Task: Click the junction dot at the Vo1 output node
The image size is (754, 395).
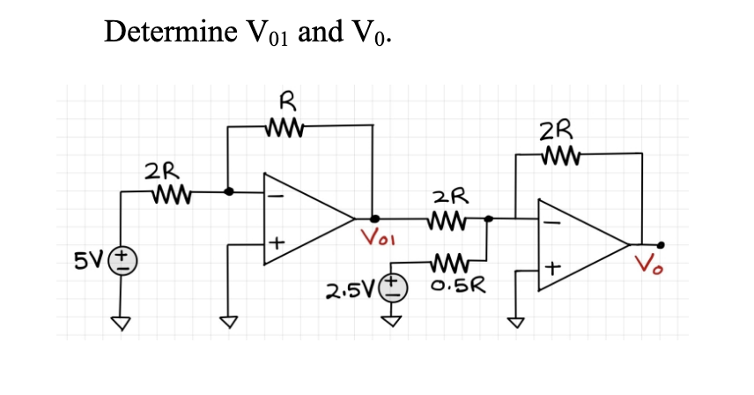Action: (374, 217)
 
